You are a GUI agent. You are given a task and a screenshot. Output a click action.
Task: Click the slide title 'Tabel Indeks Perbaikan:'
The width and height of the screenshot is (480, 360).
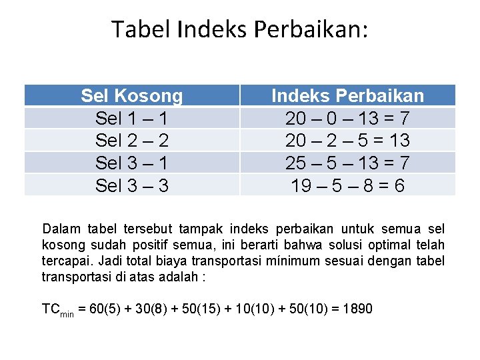pyautogui.click(x=239, y=29)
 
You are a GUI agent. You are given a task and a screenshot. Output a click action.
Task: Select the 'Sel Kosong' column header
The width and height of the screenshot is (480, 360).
pyautogui.click(x=131, y=96)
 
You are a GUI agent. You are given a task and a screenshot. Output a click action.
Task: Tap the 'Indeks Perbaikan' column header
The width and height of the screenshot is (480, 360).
pyautogui.click(x=347, y=96)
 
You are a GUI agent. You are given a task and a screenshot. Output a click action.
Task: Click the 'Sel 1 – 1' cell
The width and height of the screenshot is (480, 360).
pyautogui.click(x=131, y=119)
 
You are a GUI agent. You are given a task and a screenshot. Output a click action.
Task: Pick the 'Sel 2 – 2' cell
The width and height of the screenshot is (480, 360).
pyautogui.click(x=131, y=141)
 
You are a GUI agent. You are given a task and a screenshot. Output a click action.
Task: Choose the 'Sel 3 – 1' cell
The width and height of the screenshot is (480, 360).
pyautogui.click(x=131, y=163)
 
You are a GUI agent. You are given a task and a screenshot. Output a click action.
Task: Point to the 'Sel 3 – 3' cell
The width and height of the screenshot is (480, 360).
pyautogui.click(x=131, y=185)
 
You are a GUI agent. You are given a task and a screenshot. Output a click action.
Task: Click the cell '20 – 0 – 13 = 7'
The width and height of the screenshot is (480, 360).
pyautogui.click(x=347, y=119)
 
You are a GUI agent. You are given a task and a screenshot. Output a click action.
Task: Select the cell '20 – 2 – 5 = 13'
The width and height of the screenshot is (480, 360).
pyautogui.click(x=347, y=141)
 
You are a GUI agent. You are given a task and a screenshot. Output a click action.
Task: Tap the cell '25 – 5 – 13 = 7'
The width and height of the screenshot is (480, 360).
pyautogui.click(x=347, y=163)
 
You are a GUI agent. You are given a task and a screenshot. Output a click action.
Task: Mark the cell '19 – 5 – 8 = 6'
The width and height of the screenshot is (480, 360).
pyautogui.click(x=347, y=185)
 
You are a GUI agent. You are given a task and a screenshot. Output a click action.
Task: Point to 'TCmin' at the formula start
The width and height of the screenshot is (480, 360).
pyautogui.click(x=57, y=310)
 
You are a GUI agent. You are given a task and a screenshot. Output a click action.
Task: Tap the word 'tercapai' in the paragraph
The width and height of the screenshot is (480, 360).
pyautogui.click(x=63, y=261)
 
